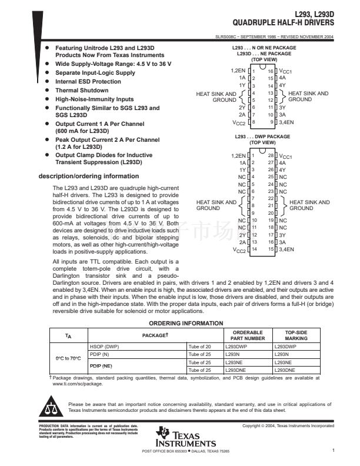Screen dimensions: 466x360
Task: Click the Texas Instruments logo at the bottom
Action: click(x=186, y=438)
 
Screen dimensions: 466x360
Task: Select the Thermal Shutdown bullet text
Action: click(x=82, y=91)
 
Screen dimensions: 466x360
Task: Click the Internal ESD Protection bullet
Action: click(x=88, y=82)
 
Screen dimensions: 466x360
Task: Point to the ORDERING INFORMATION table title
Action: click(x=186, y=323)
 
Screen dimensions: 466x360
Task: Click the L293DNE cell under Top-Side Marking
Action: click(x=285, y=370)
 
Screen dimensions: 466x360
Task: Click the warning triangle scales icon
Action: click(x=52, y=407)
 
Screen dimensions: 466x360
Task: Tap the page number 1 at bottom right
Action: click(x=333, y=451)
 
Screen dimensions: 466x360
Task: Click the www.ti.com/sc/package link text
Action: click(x=77, y=382)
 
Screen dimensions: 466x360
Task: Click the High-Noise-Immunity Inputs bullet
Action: click(x=94, y=99)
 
